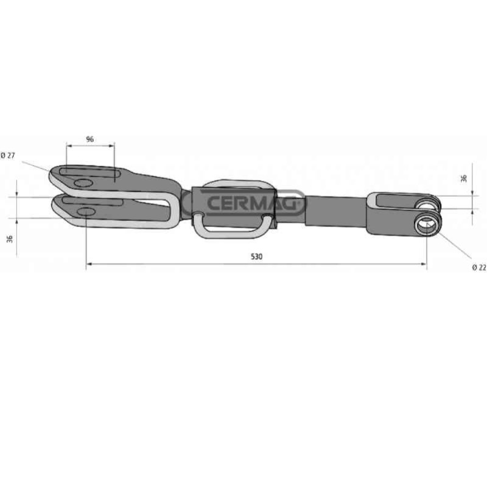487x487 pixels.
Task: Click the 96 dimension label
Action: [89, 139]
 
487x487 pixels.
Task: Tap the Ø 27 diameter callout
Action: [8, 155]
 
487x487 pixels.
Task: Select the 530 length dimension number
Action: [256, 256]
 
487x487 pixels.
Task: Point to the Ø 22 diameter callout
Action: [479, 267]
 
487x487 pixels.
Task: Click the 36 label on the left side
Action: [10, 239]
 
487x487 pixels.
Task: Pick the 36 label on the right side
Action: [464, 178]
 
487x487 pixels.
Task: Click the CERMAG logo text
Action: [251, 203]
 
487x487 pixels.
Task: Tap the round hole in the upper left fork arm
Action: [83, 183]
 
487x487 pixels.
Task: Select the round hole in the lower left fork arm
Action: [86, 211]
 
